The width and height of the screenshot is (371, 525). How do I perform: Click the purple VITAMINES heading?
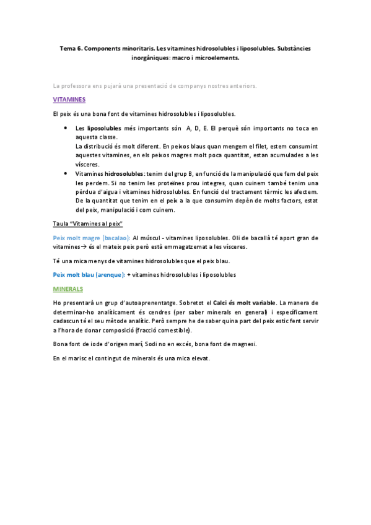tap(69, 100)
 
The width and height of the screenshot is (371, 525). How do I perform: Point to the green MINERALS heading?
tap(68, 289)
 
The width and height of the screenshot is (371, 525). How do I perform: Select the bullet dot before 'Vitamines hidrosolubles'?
tap(66, 174)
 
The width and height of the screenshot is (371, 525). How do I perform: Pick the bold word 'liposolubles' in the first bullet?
tap(103, 128)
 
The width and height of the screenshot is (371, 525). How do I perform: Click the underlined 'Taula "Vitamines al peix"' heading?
tap(88, 223)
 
